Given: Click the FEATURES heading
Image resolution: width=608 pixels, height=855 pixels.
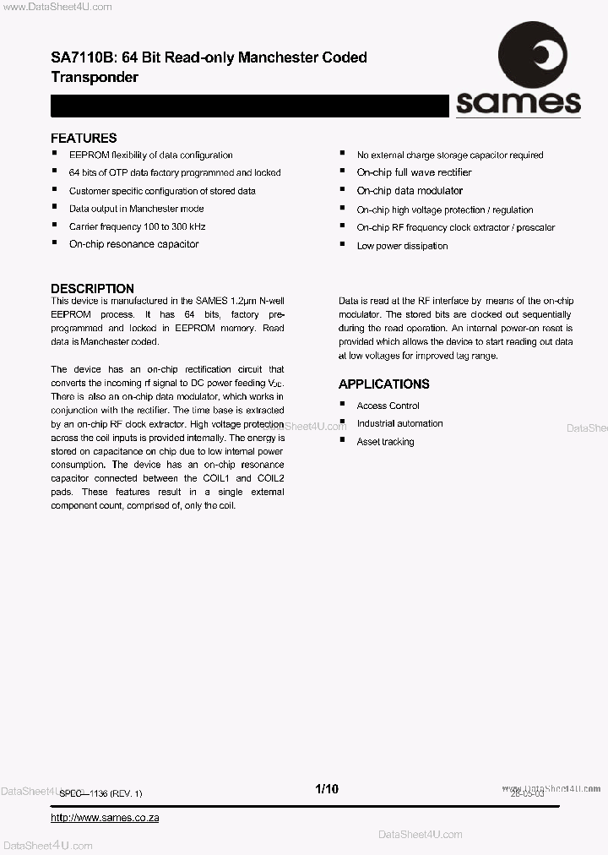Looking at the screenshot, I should click(x=84, y=139).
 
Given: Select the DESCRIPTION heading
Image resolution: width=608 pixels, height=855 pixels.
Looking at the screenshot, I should click(x=92, y=288).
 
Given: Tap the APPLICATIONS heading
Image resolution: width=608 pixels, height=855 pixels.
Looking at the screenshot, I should click(x=383, y=384).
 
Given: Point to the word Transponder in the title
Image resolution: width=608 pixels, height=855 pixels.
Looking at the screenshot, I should click(x=95, y=77).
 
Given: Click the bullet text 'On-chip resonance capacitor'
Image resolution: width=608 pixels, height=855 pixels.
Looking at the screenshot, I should click(x=133, y=244).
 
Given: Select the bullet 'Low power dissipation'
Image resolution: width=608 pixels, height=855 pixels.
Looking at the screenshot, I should click(x=402, y=246).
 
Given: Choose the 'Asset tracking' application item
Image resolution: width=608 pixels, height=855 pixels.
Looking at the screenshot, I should click(x=385, y=442).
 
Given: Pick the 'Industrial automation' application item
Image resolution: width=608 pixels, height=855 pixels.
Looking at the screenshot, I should click(x=399, y=423).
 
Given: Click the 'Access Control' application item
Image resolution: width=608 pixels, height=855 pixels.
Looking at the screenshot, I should click(x=388, y=406).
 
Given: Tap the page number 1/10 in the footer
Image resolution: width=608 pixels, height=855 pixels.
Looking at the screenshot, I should click(x=326, y=789).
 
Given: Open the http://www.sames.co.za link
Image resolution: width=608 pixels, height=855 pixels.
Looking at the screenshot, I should click(x=105, y=818).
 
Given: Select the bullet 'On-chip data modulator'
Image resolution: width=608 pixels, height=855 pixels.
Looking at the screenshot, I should click(x=410, y=191).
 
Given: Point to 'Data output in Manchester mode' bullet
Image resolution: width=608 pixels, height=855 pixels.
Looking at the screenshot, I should click(x=136, y=209).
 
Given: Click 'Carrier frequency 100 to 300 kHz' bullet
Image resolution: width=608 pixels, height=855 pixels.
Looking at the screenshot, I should click(x=137, y=226).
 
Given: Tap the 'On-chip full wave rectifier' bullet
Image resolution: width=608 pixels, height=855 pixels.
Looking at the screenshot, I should click(x=414, y=172).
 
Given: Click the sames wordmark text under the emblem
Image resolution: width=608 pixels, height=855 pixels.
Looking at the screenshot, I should click(x=518, y=103).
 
